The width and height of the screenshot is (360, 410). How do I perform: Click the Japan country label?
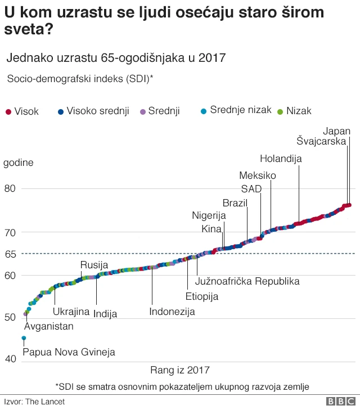pyautogui.click(x=337, y=131)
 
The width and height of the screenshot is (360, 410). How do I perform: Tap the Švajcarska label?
pyautogui.click(x=321, y=142)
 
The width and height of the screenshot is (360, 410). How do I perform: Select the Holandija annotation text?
pyautogui.click(x=281, y=159)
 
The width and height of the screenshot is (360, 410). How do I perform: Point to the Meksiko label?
pyautogui.click(x=258, y=175)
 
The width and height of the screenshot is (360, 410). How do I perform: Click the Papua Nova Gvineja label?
pyautogui.click(x=69, y=352)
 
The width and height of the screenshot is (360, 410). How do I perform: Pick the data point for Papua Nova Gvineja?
pyautogui.click(x=24, y=338)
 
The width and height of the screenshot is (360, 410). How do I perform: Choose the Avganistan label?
pyautogui.click(x=48, y=326)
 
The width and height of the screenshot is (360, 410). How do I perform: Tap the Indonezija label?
pyautogui.click(x=172, y=312)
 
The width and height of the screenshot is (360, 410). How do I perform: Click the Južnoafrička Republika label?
pyautogui.click(x=247, y=281)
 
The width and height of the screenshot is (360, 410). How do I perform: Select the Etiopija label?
pyautogui.click(x=202, y=296)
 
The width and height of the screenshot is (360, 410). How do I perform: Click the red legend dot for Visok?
pyautogui.click(x=8, y=111)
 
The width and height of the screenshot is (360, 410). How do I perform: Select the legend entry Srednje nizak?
pyautogui.click(x=241, y=110)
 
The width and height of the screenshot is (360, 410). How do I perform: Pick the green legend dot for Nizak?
pyautogui.click(x=280, y=111)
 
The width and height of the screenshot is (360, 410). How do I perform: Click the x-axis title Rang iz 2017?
pyautogui.click(x=180, y=370)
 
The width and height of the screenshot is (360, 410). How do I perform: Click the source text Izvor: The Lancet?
pyautogui.click(x=34, y=402)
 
